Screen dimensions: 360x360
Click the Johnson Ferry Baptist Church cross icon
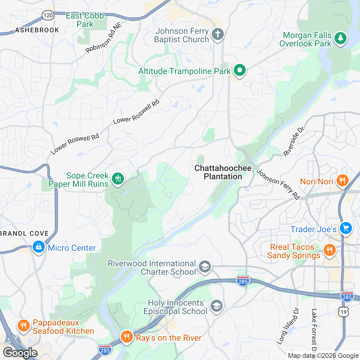(218, 34)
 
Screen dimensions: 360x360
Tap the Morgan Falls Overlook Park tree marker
(340, 38)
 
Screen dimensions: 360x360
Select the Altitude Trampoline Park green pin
(240, 71)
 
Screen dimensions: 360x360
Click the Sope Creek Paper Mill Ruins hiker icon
(118, 179)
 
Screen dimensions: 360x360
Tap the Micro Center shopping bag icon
(38, 247)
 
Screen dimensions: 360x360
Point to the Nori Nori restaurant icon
(342, 181)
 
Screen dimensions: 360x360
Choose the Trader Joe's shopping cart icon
(346, 228)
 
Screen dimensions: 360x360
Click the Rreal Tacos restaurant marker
(329, 250)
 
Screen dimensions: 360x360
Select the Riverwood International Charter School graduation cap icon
(205, 267)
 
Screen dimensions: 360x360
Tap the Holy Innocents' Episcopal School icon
(216, 306)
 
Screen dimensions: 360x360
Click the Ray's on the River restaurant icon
(127, 337)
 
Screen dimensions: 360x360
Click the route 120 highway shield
(48, 15)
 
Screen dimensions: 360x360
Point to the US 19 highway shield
(344, 312)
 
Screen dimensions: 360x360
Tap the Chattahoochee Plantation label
(223, 172)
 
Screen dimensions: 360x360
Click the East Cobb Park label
(85, 20)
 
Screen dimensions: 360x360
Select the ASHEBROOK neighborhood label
(37, 30)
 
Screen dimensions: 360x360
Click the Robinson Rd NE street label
(104, 38)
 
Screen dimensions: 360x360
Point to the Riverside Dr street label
(294, 142)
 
